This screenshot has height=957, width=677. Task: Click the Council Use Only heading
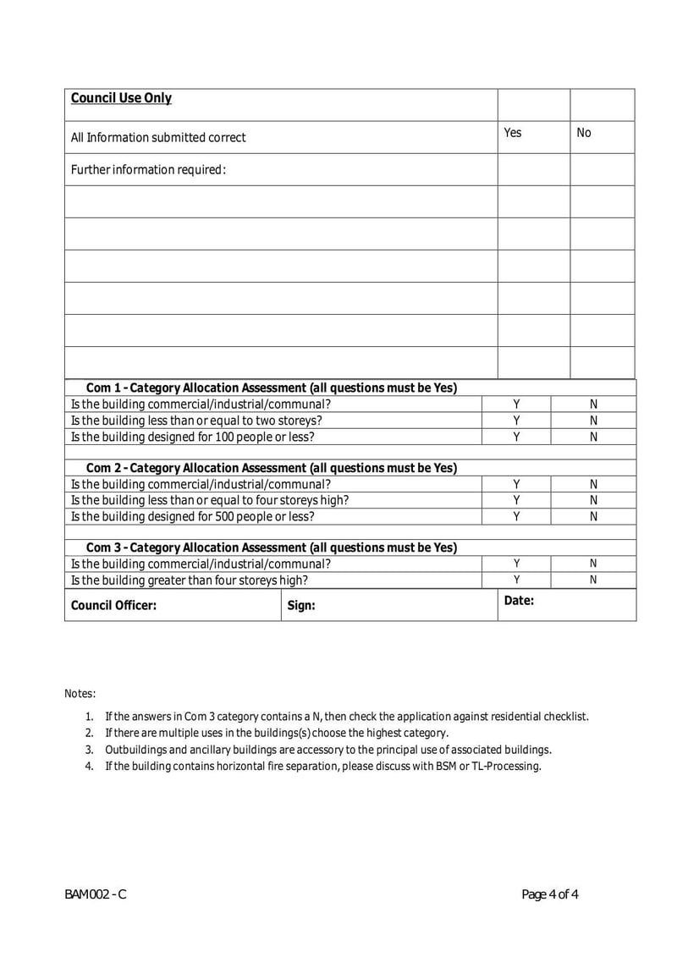pyautogui.click(x=121, y=98)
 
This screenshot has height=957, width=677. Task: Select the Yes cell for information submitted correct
pyautogui.click(x=513, y=133)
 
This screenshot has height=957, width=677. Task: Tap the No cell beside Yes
pyautogui.click(x=584, y=133)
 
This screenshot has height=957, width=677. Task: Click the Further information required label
pyautogui.click(x=148, y=169)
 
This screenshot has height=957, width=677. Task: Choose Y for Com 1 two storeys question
pyautogui.click(x=516, y=421)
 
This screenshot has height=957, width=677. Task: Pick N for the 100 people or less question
pyautogui.click(x=593, y=437)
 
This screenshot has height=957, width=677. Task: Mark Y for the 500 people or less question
pyautogui.click(x=516, y=516)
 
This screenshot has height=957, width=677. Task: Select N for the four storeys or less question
pyautogui.click(x=593, y=500)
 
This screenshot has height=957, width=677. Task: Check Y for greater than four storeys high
pyautogui.click(x=516, y=580)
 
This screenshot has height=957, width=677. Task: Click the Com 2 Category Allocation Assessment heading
pyautogui.click(x=272, y=468)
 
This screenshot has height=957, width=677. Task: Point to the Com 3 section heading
pyautogui.click(x=272, y=547)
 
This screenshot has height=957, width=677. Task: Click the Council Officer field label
pyautogui.click(x=113, y=605)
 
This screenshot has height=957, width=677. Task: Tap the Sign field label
pyautogui.click(x=301, y=605)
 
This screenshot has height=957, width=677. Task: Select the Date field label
pyautogui.click(x=518, y=600)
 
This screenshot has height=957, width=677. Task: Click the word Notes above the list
pyautogui.click(x=80, y=694)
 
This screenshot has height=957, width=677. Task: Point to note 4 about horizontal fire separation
pyautogui.click(x=322, y=767)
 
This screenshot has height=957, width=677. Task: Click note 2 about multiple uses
pyautogui.click(x=276, y=733)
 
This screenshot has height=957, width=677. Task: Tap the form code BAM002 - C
pyautogui.click(x=95, y=894)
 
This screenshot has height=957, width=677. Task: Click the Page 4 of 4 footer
pyautogui.click(x=550, y=894)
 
